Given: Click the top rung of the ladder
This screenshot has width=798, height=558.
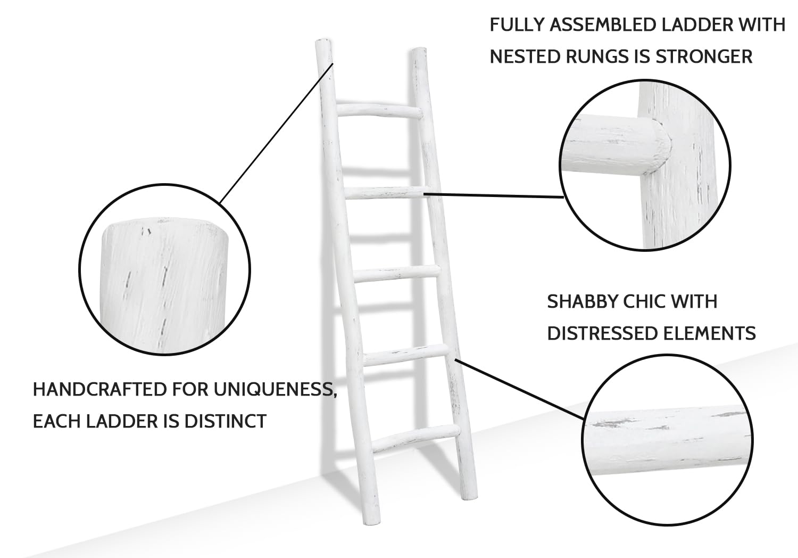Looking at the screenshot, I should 380,110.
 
